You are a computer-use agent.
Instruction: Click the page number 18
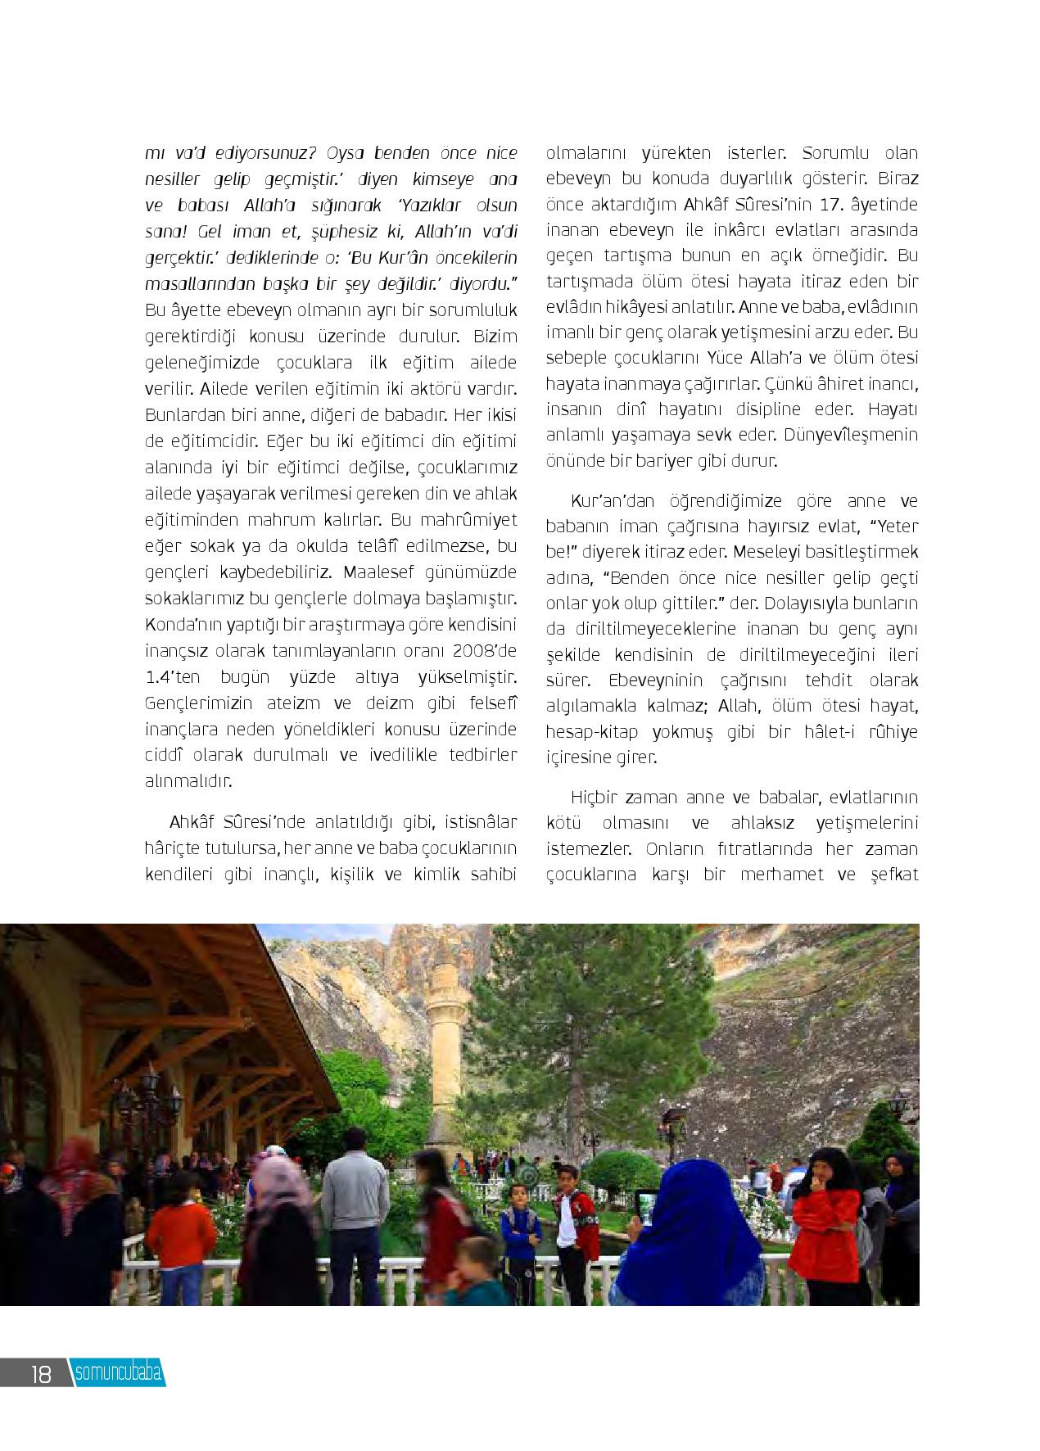[x=41, y=1374]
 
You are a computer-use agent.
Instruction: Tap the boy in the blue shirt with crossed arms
[x=520, y=1228]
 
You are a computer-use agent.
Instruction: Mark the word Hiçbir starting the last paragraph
[x=592, y=797]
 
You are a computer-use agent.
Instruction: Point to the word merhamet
[x=778, y=874]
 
